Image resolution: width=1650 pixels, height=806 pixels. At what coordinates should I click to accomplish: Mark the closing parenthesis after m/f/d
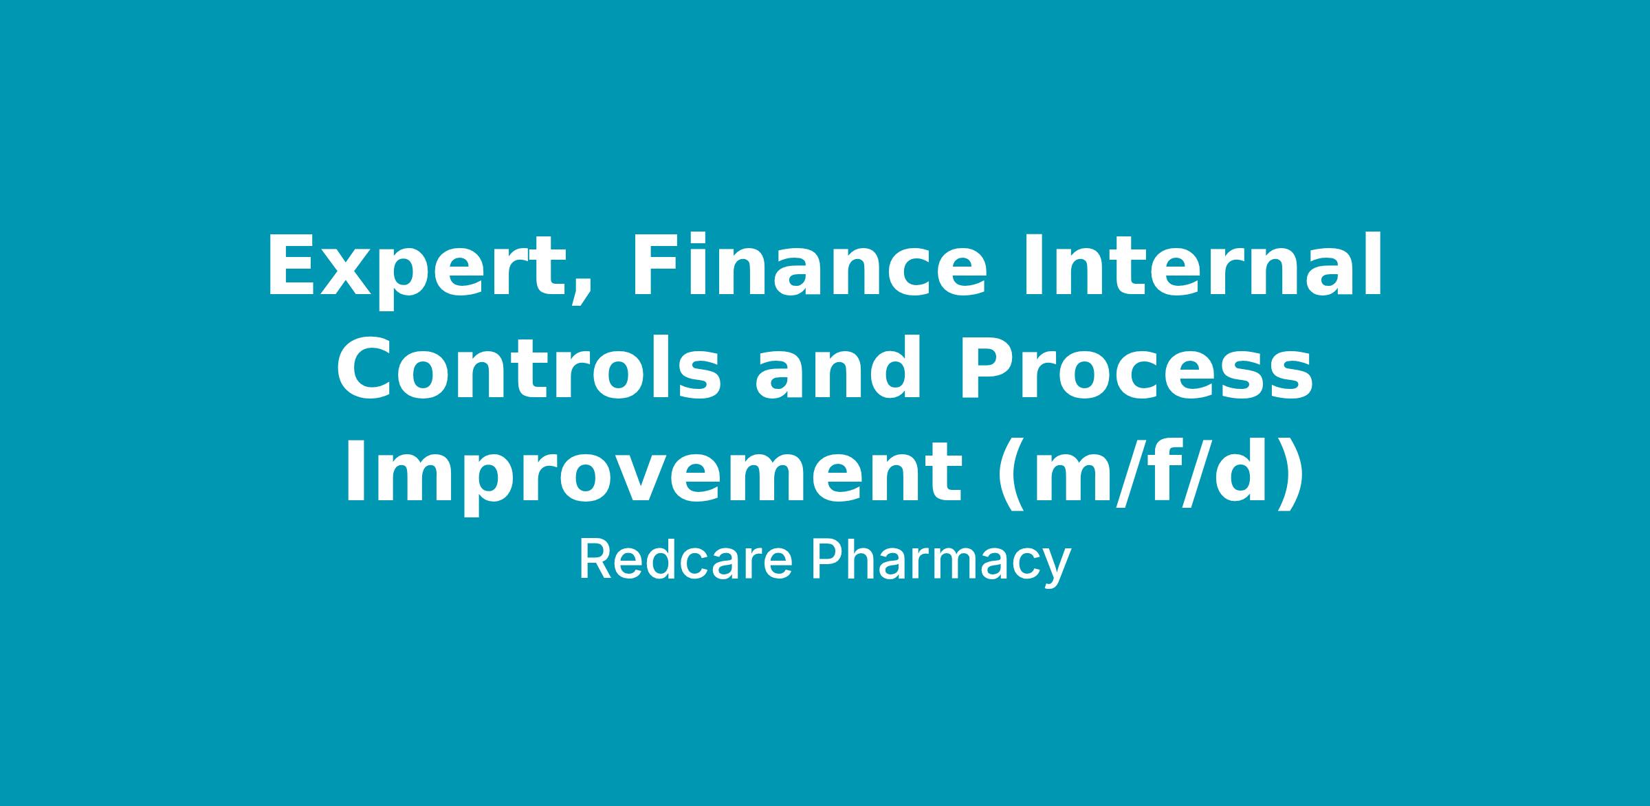pos(1288,475)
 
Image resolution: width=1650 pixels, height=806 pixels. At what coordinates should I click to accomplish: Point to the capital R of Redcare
pos(595,559)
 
